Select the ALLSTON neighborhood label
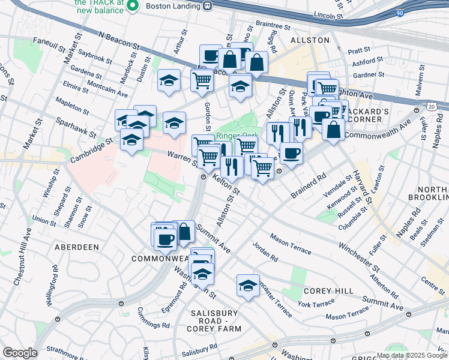[310, 40]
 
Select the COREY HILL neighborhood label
[328, 291]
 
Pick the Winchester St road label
[359, 256]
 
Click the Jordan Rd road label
[265, 251]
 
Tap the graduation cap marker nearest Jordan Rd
[247, 286]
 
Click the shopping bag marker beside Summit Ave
[184, 231]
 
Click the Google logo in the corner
[19, 353]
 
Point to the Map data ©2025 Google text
[412, 355]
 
